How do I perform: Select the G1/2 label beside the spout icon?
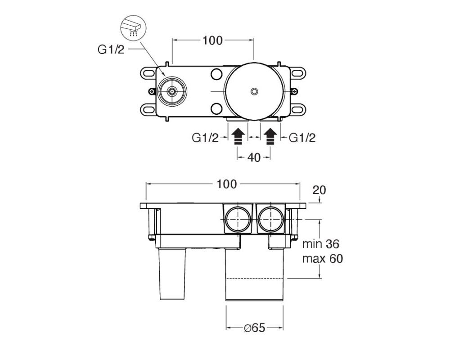pos(111,49)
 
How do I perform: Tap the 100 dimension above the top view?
pos(213,40)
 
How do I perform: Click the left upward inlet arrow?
pos(238,137)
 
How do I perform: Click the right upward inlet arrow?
pos(270,137)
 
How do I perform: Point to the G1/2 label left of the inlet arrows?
pos(205,138)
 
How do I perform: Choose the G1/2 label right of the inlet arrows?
pos(302,138)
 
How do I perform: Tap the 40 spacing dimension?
pos(254,157)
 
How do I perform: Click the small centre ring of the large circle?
pos(254,91)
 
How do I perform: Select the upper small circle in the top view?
pos(216,74)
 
